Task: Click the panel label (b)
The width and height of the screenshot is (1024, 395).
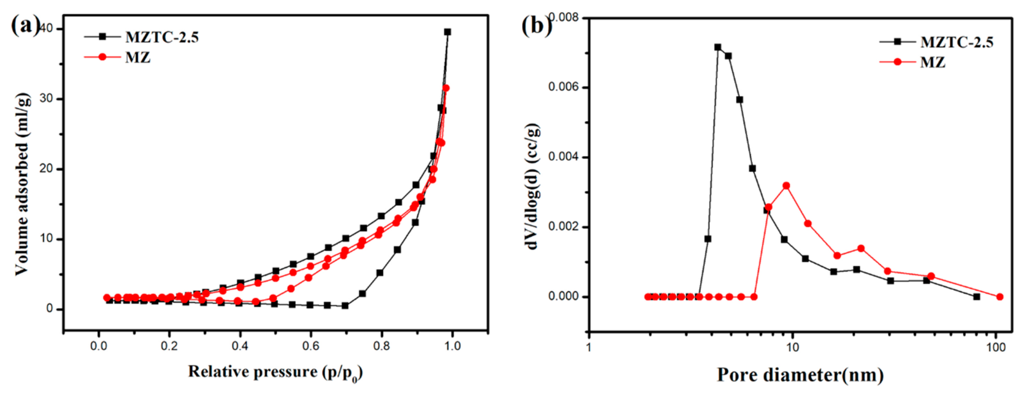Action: point(536,26)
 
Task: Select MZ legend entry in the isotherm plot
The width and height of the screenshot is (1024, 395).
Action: point(137,58)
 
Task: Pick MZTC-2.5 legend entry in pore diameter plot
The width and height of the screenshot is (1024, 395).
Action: point(956,42)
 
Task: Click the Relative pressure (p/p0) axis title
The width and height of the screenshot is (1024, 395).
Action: point(275,372)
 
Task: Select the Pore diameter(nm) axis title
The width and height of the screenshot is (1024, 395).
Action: point(800,375)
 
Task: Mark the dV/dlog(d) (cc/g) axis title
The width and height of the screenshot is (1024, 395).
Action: point(533,187)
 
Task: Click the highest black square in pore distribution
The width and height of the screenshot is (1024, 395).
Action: point(717,47)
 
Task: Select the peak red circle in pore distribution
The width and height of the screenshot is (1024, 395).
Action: point(786,186)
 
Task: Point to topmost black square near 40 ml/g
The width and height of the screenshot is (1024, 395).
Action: point(447,32)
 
